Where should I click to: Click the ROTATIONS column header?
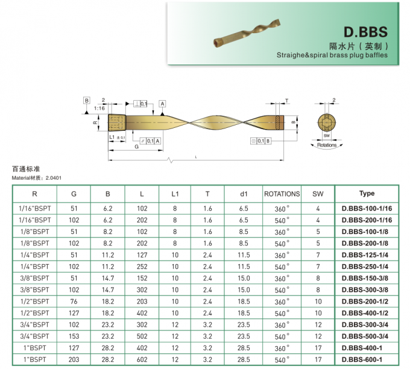point(282,194)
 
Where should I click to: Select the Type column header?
point(367,194)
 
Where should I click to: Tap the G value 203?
point(74,360)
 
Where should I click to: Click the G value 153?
point(74,336)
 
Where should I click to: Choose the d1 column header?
point(244,194)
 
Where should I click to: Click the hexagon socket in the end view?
point(327,123)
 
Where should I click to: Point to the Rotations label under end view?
point(327,145)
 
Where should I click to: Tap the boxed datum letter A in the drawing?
point(163,104)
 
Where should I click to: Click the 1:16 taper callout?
point(98,108)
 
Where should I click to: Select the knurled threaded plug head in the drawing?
point(116,123)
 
